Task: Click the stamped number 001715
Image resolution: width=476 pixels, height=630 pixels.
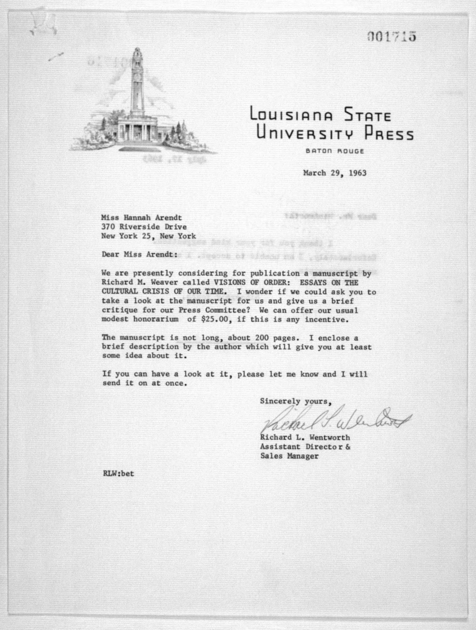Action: click(392, 37)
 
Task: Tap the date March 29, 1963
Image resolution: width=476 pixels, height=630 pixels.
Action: click(335, 173)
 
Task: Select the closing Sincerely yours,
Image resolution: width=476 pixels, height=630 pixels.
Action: click(296, 402)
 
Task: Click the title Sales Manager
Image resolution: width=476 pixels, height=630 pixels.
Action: click(289, 456)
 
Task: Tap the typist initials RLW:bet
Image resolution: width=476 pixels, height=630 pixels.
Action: click(118, 474)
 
